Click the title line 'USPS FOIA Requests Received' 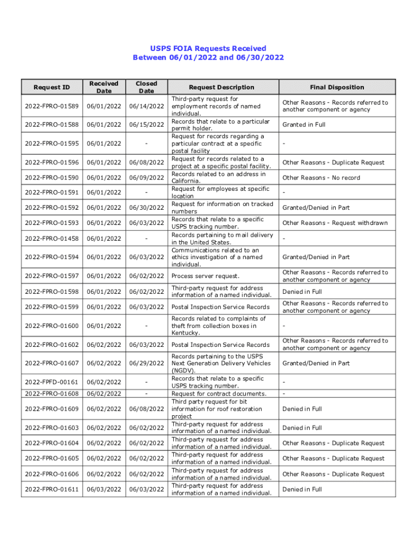pos(208,48)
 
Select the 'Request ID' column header pos(51,87)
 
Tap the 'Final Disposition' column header pos(337,87)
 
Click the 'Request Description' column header pos(221,87)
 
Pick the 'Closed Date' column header pos(146,87)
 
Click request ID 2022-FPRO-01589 pos(51,106)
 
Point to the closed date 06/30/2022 pos(146,208)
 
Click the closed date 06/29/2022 pos(146,363)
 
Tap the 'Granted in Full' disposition pos(304,125)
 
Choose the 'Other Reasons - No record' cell pos(321,178)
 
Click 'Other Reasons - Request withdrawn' pos(335,223)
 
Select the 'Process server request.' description pos(205,276)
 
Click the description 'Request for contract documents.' pos(219,393)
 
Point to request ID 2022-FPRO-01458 pos(51,238)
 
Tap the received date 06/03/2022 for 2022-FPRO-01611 pos(103,489)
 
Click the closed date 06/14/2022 pos(146,106)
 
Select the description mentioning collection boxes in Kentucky pos(218,326)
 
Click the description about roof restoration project pos(216,409)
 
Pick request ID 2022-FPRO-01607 pos(51,363)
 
